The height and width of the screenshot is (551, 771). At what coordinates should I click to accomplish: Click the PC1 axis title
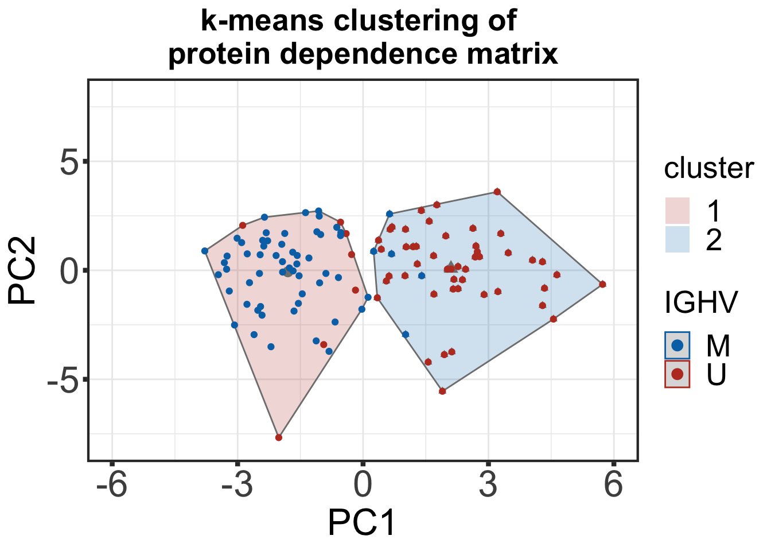362,523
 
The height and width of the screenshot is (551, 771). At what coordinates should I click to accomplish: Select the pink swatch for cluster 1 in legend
677,211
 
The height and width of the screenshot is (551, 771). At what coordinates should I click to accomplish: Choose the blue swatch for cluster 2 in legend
677,239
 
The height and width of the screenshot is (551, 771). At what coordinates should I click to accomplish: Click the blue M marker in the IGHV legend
677,345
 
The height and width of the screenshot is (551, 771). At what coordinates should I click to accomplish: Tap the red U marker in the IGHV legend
677,374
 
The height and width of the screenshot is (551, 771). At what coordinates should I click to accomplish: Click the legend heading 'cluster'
708,169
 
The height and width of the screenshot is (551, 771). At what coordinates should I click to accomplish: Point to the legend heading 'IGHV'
700,302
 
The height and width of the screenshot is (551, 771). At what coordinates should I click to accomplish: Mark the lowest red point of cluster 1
279,437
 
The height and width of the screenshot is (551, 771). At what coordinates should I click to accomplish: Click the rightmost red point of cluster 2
602,284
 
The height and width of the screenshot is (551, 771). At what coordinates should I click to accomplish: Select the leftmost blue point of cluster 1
205,251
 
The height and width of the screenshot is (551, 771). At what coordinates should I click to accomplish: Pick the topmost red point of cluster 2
497,192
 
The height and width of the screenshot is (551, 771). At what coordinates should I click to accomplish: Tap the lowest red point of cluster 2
442,391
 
